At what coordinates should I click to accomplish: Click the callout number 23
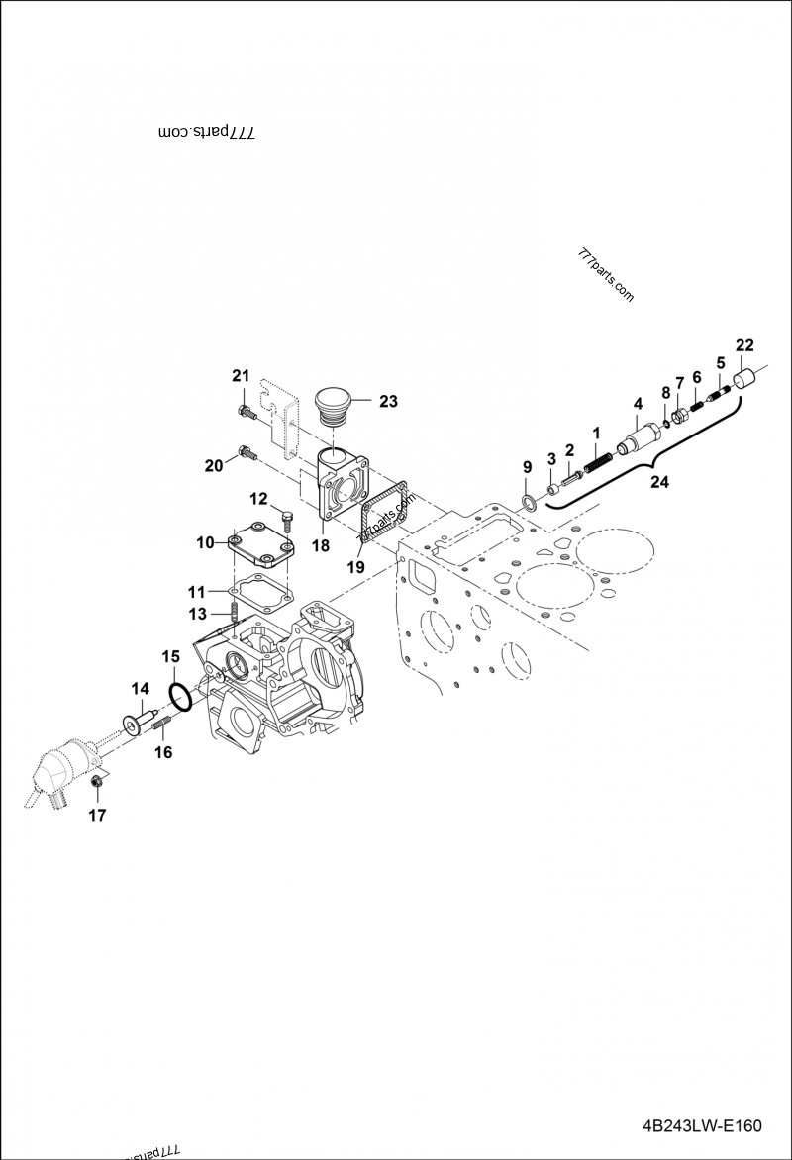click(388, 402)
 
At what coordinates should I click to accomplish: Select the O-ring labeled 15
click(179, 695)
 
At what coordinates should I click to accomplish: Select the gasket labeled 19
click(384, 519)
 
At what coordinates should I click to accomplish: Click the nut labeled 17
click(97, 784)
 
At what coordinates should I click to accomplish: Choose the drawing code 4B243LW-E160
click(700, 1126)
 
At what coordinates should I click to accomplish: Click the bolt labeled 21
click(246, 412)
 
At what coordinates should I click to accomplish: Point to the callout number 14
click(139, 688)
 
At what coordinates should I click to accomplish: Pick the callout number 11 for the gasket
click(197, 592)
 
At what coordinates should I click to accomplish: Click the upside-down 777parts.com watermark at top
click(207, 131)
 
